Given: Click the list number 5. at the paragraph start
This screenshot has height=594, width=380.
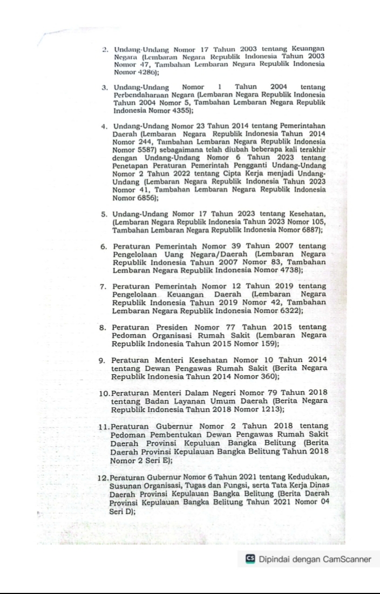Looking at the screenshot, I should pyautogui.click(x=105, y=217).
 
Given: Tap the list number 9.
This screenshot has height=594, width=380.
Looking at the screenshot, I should pyautogui.click(x=105, y=360).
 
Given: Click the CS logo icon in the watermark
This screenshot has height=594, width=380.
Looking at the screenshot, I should pyautogui.click(x=250, y=559).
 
